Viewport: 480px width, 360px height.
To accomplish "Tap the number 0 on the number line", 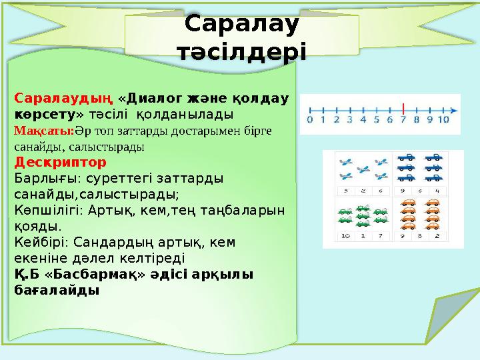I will pyautogui.click(x=309, y=121).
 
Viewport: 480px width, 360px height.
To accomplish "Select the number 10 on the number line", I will pyautogui.click(x=443, y=121).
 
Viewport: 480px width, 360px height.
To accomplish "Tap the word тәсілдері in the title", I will pyautogui.click(x=241, y=51).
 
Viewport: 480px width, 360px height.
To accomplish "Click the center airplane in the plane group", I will pyautogui.click(x=363, y=169).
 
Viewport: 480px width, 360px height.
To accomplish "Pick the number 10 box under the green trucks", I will pyautogui.click(x=345, y=235).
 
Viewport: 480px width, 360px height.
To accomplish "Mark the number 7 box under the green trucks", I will pyautogui.click(x=380, y=235).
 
